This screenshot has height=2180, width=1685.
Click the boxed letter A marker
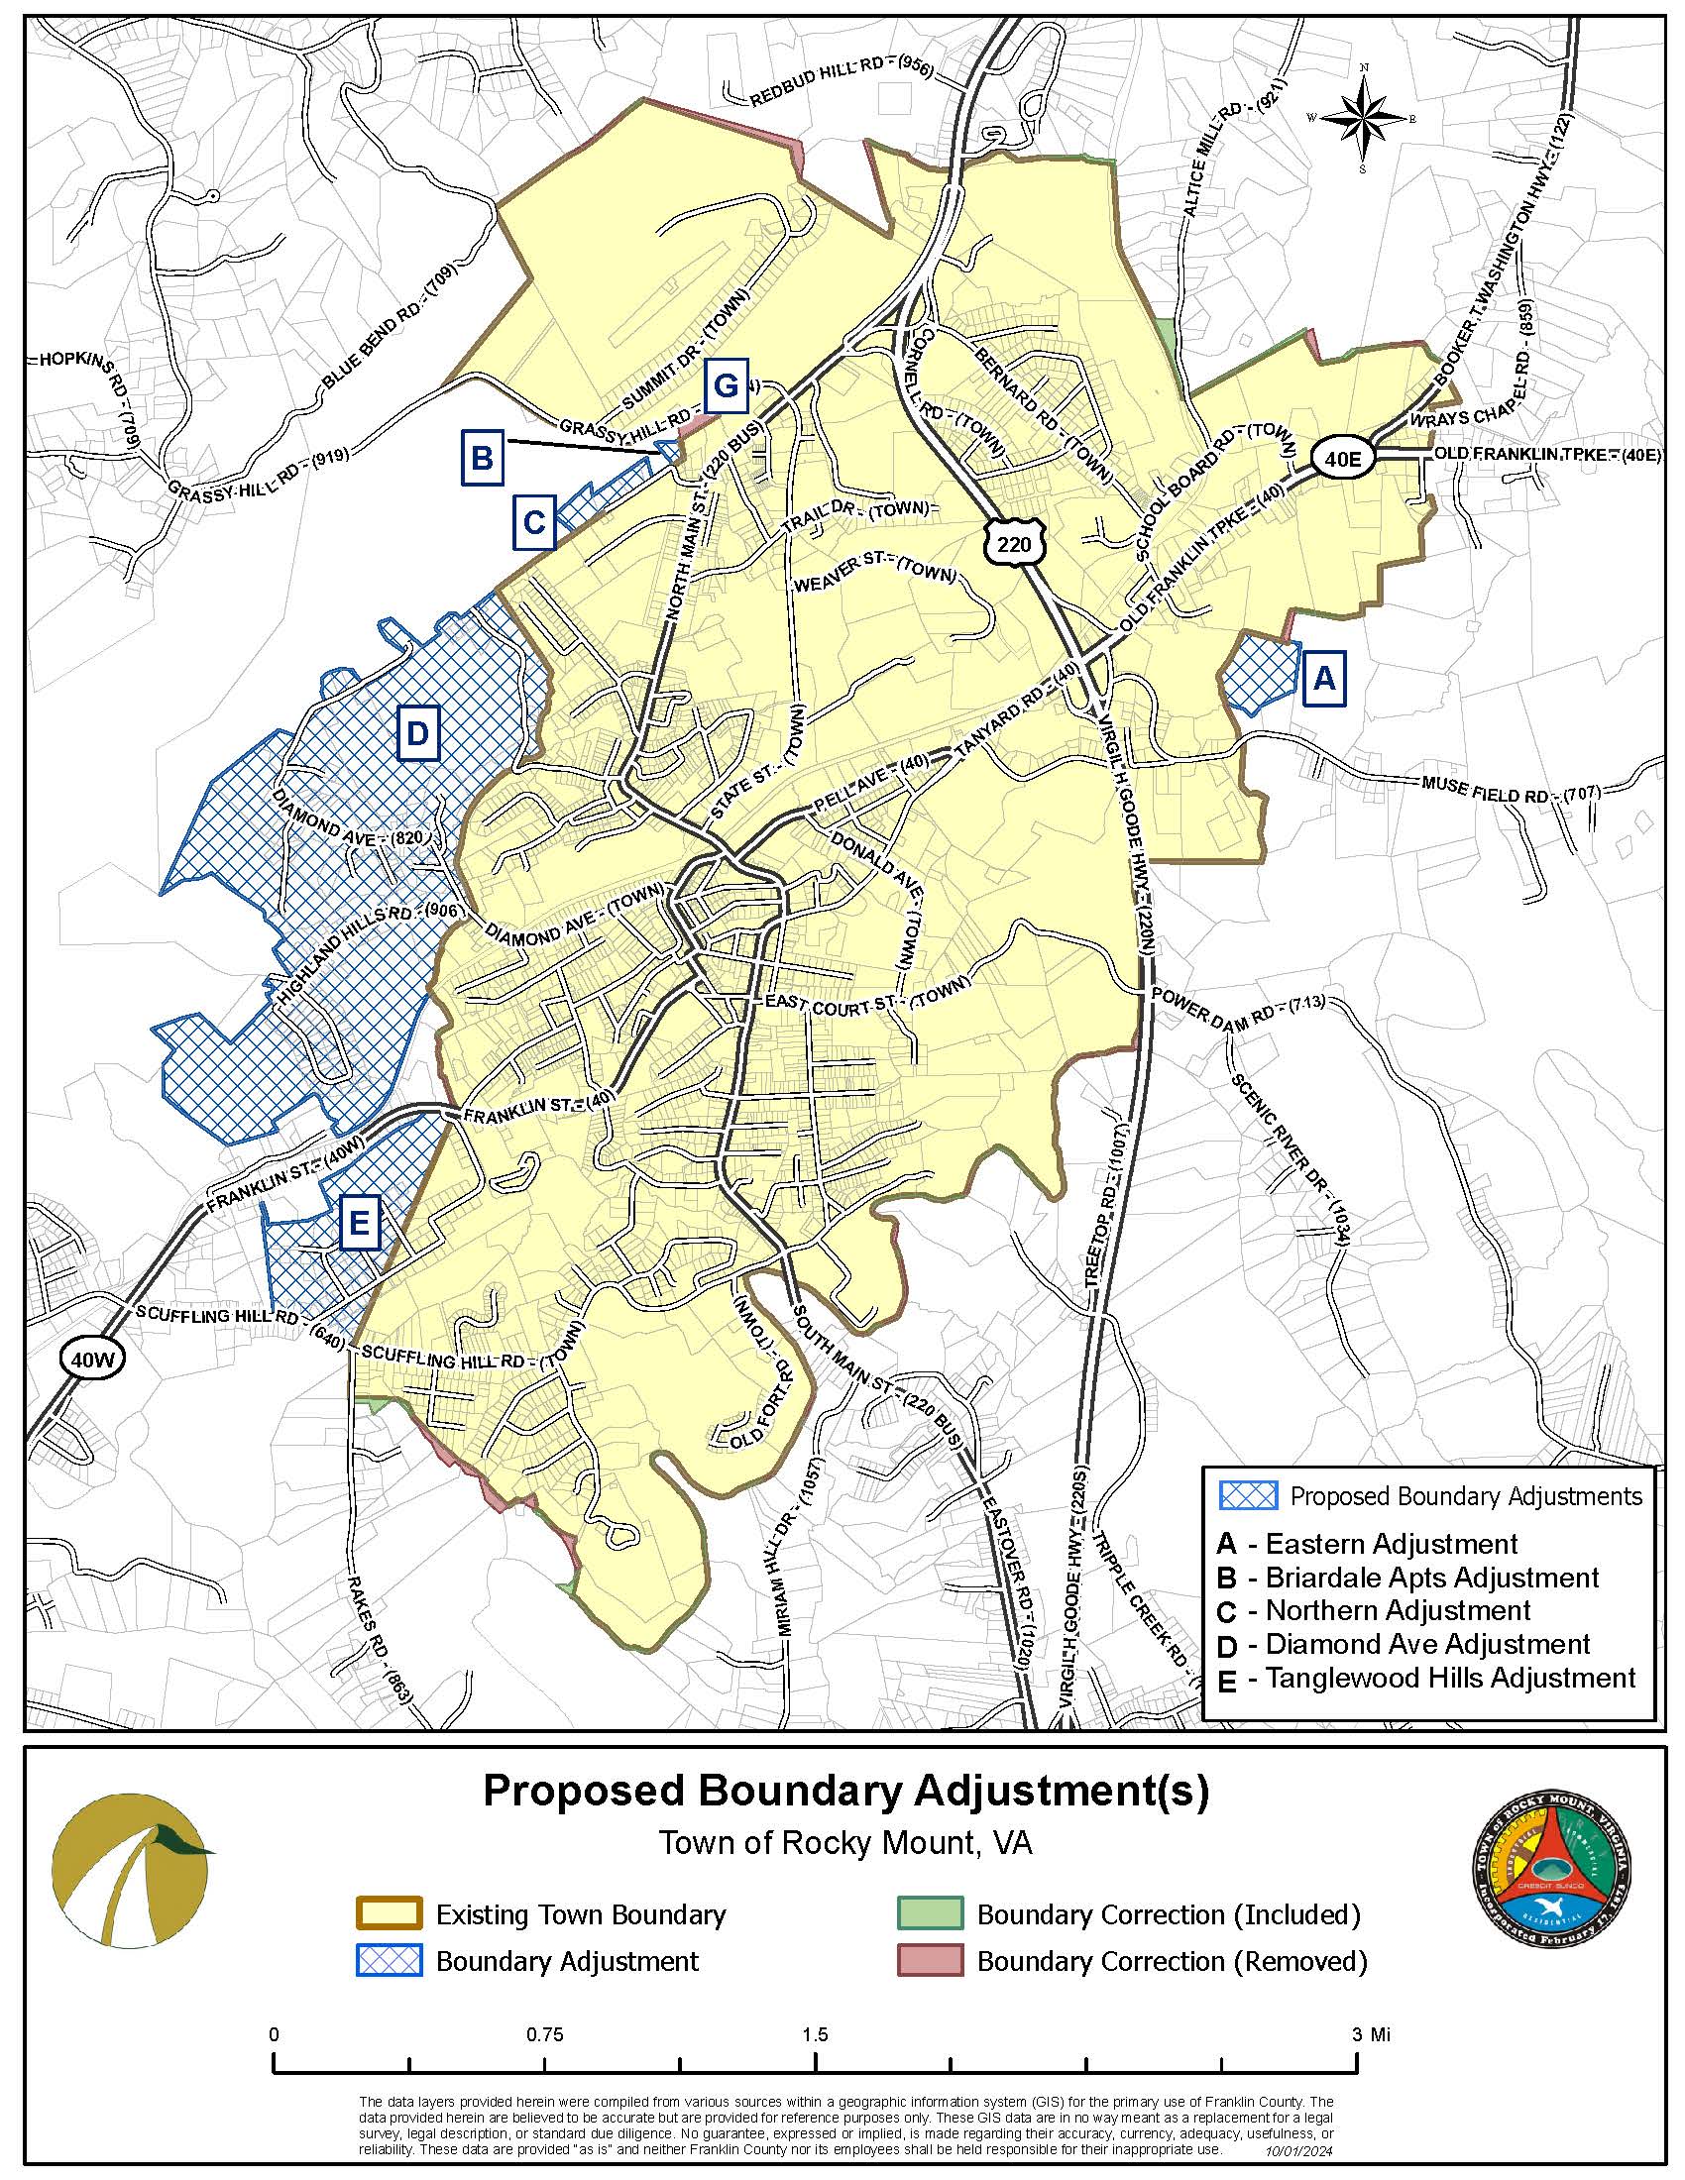pos(1322,679)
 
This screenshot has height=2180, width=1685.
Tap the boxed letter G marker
pos(725,385)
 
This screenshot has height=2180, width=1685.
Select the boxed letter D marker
pos(416,734)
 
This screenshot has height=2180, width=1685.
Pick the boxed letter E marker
pos(360,1222)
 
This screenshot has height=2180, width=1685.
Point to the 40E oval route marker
pos(1337,457)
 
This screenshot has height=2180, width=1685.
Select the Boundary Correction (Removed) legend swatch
pos(930,1960)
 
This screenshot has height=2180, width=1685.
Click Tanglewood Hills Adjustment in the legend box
pos(1449,1677)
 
